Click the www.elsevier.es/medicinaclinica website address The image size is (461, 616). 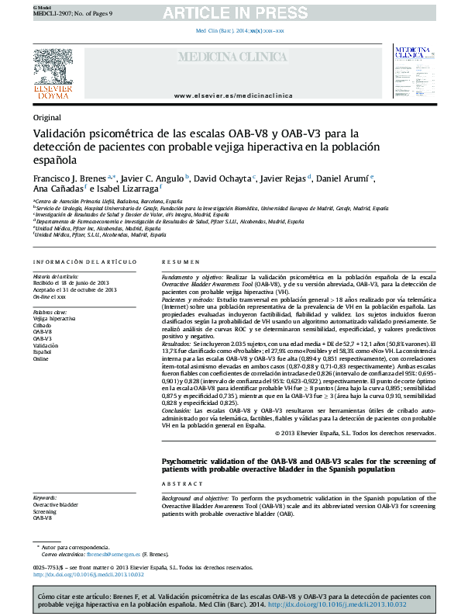tap(234, 95)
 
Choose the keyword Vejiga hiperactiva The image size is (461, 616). tap(54, 318)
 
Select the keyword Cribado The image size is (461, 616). tap(43, 325)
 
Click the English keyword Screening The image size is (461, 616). tap(44, 512)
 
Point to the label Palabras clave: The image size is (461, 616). tap(50, 311)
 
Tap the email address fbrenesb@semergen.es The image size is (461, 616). tap(112, 554)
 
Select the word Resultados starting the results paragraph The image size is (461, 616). tap(177, 342)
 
